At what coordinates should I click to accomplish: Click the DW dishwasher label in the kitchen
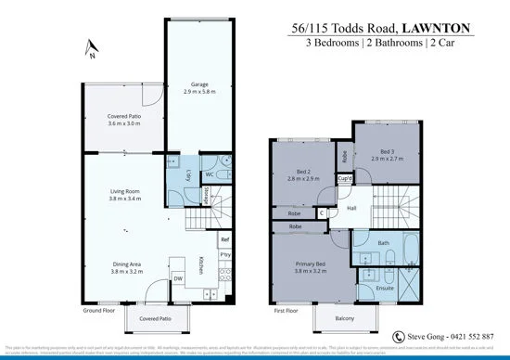177,277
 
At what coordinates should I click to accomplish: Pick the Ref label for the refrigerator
224,239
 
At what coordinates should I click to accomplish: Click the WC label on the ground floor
210,174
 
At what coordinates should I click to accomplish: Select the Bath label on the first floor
383,244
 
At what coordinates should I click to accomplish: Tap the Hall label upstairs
352,209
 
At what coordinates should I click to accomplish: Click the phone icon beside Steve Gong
399,336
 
